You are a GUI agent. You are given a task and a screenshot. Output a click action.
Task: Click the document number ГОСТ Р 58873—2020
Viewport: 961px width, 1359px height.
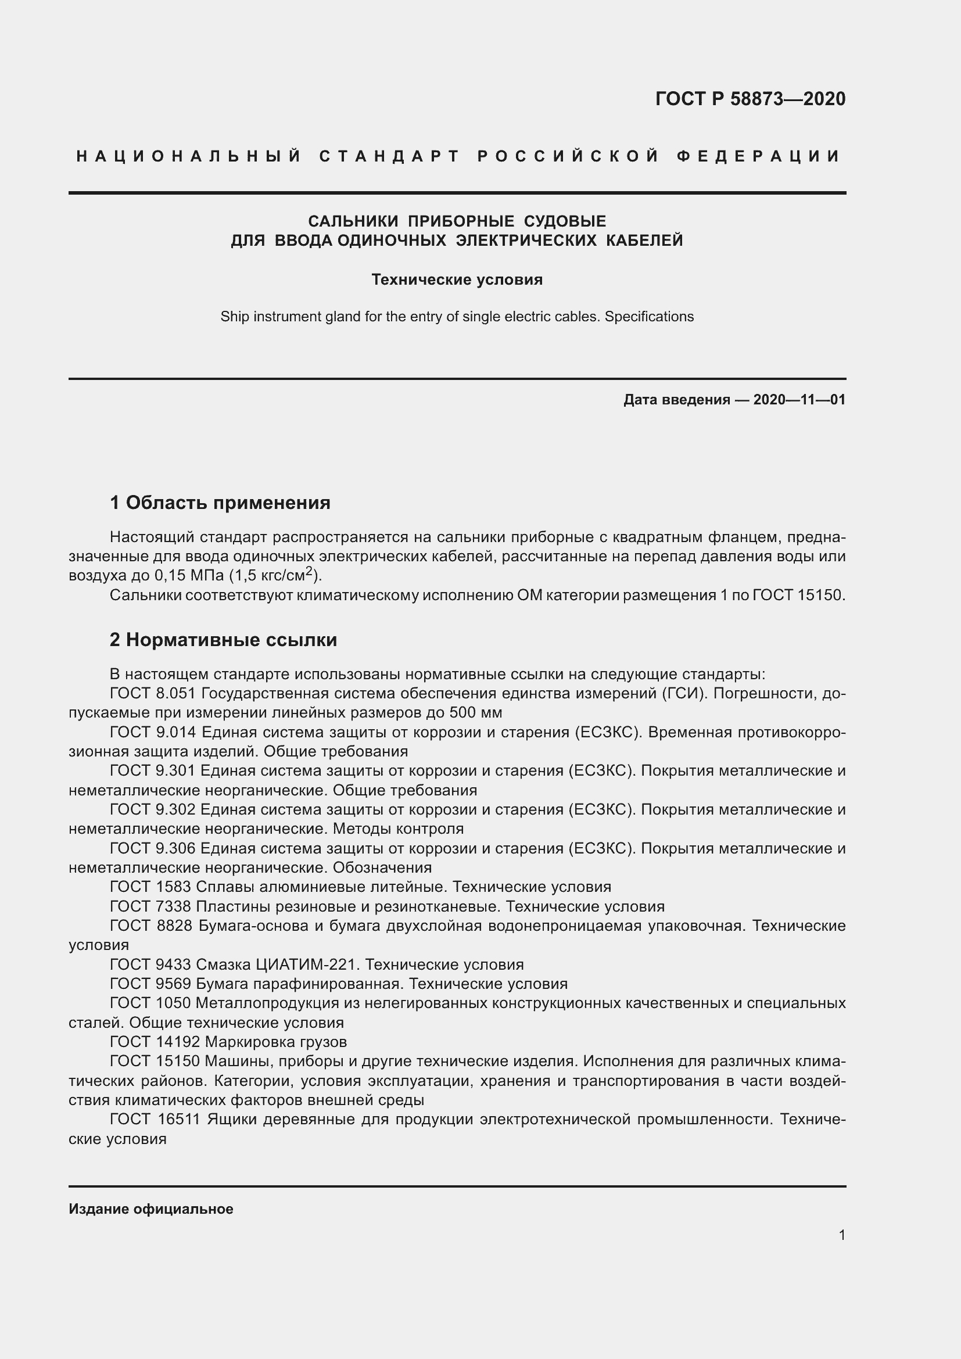750,99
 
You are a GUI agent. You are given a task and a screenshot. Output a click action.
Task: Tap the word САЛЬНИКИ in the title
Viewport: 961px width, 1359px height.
353,221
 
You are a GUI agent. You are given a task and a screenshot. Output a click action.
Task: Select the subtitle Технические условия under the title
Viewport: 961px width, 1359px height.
457,279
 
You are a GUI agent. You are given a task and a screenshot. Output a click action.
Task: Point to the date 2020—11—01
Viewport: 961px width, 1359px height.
799,400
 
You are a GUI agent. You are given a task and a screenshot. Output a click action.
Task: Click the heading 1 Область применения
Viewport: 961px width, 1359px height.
220,503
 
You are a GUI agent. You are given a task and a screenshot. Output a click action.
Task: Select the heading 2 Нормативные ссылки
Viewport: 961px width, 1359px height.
223,640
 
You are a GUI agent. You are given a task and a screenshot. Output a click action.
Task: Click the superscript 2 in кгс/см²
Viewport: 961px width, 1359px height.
309,571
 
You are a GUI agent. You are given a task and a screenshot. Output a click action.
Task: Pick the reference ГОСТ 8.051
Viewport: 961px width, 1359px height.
153,693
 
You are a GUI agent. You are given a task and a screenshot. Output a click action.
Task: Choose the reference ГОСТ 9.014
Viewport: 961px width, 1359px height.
153,732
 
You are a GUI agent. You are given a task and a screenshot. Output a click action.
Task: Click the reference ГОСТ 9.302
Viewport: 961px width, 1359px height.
153,810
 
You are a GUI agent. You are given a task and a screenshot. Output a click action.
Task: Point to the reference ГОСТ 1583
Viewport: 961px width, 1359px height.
150,887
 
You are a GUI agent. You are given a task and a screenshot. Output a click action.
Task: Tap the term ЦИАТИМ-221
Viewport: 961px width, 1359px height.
307,965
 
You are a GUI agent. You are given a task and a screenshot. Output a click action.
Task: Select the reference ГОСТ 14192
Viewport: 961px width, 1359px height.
155,1042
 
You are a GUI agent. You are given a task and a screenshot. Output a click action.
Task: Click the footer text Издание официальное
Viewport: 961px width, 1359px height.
151,1209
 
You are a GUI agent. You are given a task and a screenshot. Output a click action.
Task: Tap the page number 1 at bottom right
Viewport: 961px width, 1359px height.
842,1235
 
